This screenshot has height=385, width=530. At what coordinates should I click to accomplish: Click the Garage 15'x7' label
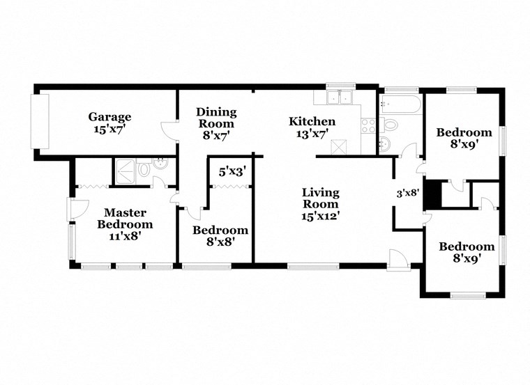(x=109, y=123)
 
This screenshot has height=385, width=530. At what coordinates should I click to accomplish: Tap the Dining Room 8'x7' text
(x=216, y=118)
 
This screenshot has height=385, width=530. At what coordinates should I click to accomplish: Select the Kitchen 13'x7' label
(x=312, y=127)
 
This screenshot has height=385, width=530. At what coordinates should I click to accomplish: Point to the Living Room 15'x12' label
(x=320, y=204)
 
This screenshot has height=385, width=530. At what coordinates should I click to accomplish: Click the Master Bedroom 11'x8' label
(x=125, y=224)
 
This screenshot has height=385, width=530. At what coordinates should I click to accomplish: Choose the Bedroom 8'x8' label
(x=220, y=236)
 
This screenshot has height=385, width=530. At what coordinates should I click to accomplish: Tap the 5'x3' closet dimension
(x=232, y=171)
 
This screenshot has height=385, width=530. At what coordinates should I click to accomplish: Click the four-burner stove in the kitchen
(x=368, y=126)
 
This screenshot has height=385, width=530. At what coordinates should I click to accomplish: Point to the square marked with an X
(x=341, y=146)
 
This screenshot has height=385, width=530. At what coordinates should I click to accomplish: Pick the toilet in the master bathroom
(x=144, y=168)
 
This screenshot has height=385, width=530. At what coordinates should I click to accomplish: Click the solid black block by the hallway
(x=433, y=194)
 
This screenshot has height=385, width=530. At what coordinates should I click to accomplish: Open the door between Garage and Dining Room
(x=169, y=132)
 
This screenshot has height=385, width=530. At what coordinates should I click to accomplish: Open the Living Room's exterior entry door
(x=398, y=258)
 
